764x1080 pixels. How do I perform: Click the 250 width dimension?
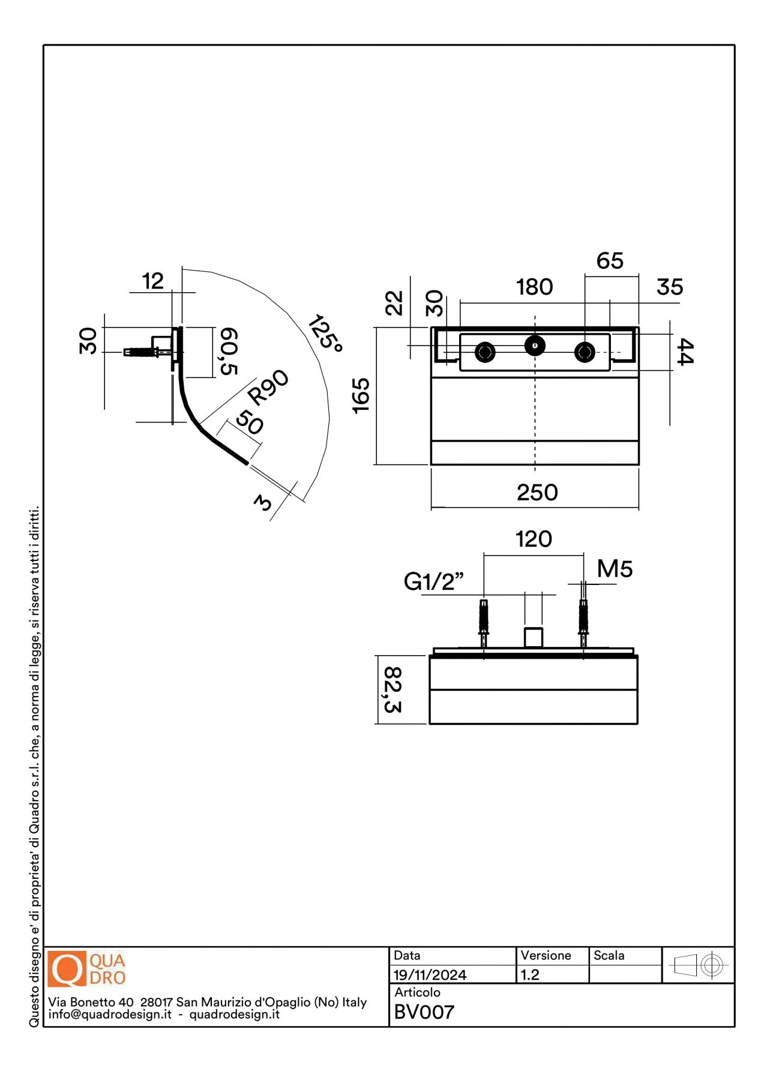[537, 493]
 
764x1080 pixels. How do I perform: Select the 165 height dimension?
[361, 395]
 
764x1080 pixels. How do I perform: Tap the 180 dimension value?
[534, 287]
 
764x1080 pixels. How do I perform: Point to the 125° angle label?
[325, 333]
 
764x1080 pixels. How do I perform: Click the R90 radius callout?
[268, 387]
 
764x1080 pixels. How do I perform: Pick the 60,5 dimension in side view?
[229, 351]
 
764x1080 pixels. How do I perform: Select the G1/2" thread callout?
[433, 581]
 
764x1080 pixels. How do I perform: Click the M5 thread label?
[615, 569]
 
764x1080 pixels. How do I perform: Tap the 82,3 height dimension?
[393, 689]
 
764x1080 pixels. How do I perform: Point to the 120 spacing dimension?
[534, 539]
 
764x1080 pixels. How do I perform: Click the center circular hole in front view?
[535, 345]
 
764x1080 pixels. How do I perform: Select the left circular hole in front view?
[485, 352]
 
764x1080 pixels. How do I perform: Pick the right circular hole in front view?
[585, 352]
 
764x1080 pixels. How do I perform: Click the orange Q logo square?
[67, 968]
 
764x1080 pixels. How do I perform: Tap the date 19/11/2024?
[430, 975]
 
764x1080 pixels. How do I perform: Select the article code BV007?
[424, 1012]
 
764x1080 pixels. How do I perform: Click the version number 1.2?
[530, 975]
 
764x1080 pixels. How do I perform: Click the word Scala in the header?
[609, 955]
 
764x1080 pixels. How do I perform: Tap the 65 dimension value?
[610, 260]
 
